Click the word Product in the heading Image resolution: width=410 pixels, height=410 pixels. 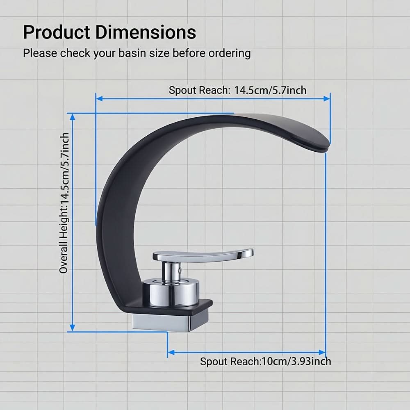(57, 32)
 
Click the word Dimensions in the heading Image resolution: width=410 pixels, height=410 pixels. (146, 32)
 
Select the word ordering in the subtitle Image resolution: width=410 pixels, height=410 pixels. (230, 54)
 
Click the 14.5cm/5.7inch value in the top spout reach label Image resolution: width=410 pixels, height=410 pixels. (270, 90)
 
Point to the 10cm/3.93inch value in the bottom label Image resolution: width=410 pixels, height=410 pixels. (296, 361)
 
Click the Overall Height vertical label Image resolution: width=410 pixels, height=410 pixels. (64, 203)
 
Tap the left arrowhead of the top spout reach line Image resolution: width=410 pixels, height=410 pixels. (99, 98)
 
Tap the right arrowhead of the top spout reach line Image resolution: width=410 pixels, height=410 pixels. (327, 98)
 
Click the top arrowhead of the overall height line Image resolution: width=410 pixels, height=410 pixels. (73, 117)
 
